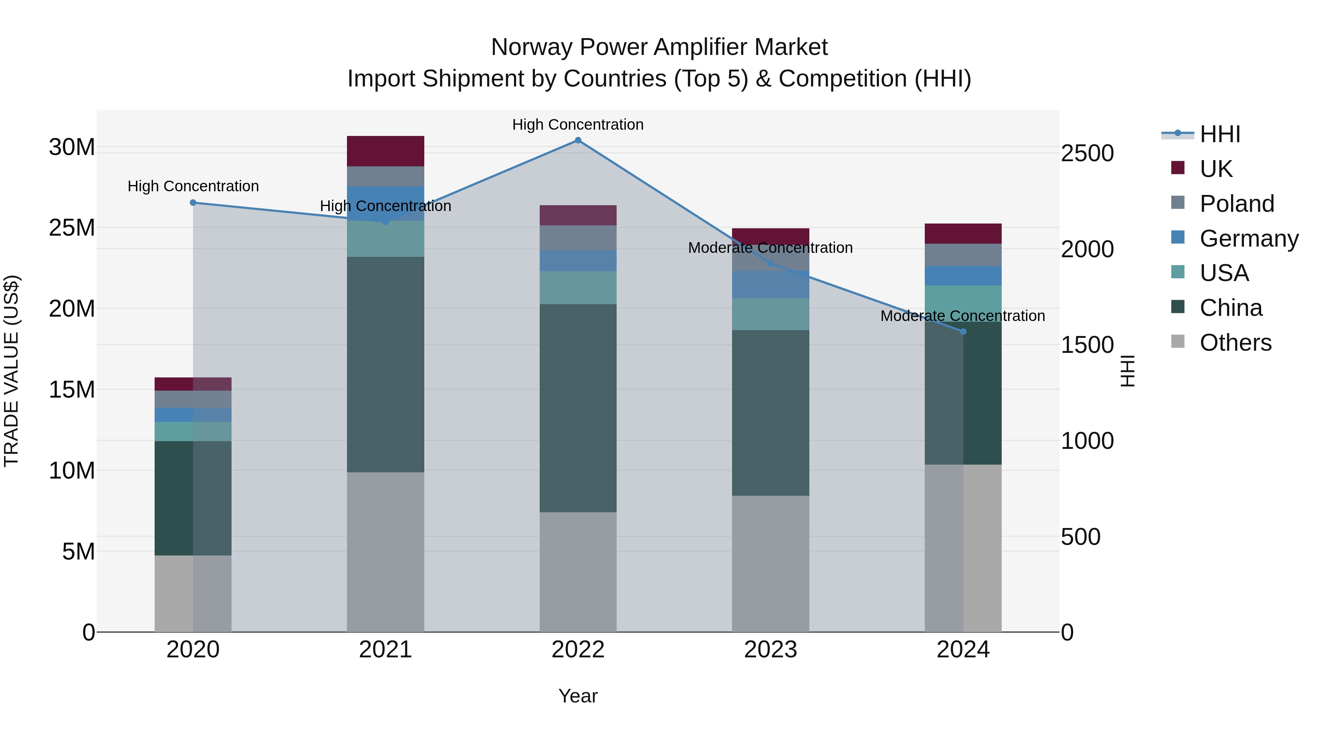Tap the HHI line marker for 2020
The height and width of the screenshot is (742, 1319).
pos(193,203)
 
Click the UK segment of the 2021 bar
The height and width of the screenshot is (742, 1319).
pos(385,151)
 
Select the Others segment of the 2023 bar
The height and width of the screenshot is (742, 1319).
pos(770,563)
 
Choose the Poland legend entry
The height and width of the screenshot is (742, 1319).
pos(1236,204)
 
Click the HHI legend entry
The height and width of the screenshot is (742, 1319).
pos(1220,134)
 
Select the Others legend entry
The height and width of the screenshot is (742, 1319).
pos(1235,343)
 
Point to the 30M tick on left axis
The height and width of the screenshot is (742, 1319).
pos(72,147)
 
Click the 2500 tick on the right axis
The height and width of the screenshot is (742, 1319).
pos(1087,154)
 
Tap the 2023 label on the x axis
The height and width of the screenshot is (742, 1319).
pos(770,650)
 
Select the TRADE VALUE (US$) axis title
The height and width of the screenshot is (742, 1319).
pos(11,371)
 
